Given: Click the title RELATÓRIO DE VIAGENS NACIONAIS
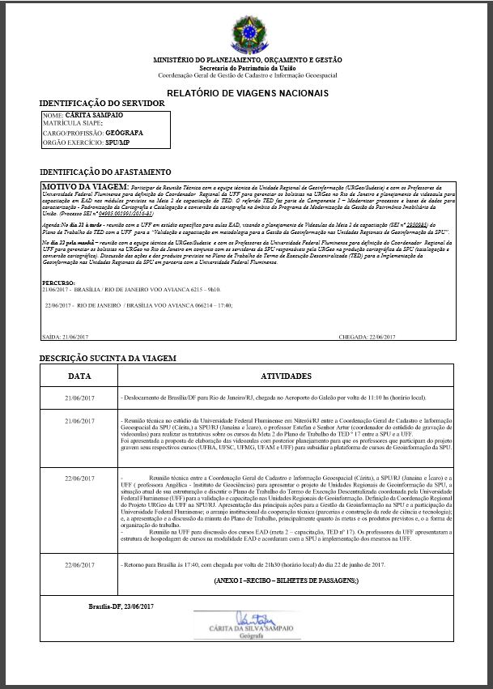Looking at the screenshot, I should [x=247, y=92].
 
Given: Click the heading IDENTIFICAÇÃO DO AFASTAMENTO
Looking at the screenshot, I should [x=105, y=172].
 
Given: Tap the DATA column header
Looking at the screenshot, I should [x=79, y=376].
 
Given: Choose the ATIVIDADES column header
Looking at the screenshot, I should [x=286, y=376].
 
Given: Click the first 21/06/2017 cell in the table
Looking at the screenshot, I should [x=79, y=398].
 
